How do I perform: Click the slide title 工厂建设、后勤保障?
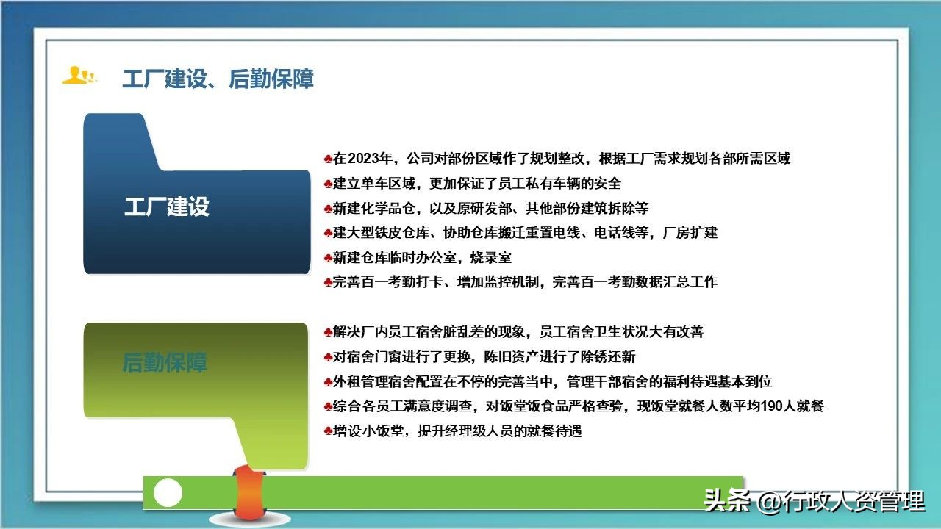click(x=218, y=79)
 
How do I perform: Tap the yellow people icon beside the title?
click(x=79, y=76)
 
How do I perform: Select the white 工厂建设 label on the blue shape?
click(x=167, y=206)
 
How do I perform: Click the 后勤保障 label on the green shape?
click(x=165, y=362)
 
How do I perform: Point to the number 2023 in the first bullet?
click(x=365, y=159)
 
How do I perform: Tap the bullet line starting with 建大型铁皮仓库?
click(x=525, y=233)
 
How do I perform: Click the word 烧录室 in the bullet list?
click(x=492, y=257)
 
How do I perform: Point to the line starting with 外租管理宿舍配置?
click(x=552, y=382)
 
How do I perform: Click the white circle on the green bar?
click(x=168, y=492)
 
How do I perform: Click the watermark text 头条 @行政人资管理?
click(x=814, y=501)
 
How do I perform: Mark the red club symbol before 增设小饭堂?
click(x=328, y=431)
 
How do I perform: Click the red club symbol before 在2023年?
click(x=328, y=159)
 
